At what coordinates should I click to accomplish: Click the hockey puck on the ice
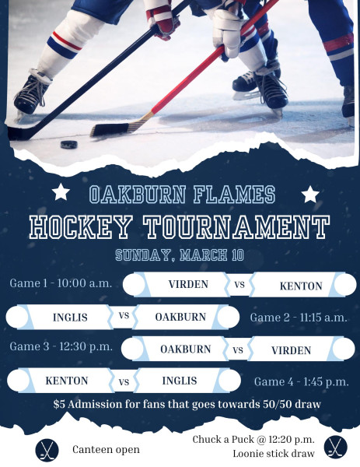[x=69, y=145]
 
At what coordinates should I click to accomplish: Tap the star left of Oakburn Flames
[x=61, y=192]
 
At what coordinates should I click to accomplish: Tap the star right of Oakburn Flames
[x=310, y=194]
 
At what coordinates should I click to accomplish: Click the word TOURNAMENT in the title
[x=237, y=227]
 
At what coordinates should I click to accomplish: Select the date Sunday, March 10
[x=180, y=255]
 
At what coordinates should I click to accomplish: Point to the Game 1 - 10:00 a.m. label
[x=61, y=283]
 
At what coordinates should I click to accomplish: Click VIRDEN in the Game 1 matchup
[x=188, y=284]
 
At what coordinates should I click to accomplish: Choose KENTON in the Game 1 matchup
[x=301, y=286]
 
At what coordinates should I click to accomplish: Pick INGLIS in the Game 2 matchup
[x=70, y=318]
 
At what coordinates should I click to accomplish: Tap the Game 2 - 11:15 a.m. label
[x=299, y=318]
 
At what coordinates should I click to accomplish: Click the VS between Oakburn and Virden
[x=238, y=349]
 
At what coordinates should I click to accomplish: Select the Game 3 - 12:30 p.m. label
[x=61, y=346]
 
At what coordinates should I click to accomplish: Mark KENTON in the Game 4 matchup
[x=67, y=381]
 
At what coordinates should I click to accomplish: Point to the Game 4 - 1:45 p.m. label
[x=301, y=382]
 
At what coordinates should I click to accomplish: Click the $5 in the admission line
[x=58, y=404]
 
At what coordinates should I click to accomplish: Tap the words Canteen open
[x=106, y=449]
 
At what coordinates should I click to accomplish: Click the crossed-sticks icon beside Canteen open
[x=47, y=450]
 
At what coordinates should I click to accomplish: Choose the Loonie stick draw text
[x=274, y=454]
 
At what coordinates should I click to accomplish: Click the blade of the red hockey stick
[x=110, y=129]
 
